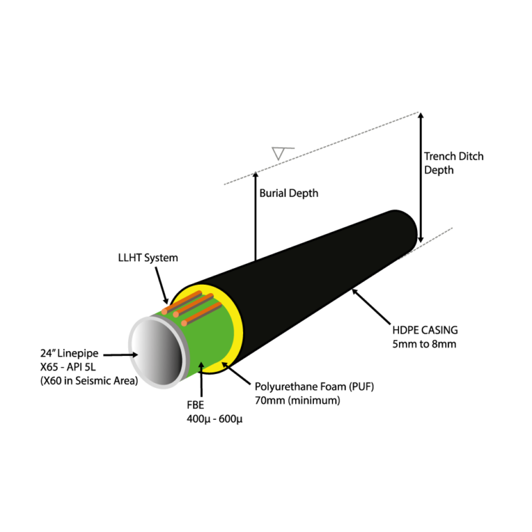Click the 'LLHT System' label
point(148,258)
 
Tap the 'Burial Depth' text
point(289,193)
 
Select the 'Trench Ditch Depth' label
point(454,163)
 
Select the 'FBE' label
point(196,405)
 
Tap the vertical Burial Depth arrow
point(255,215)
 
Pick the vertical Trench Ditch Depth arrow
point(420,177)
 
